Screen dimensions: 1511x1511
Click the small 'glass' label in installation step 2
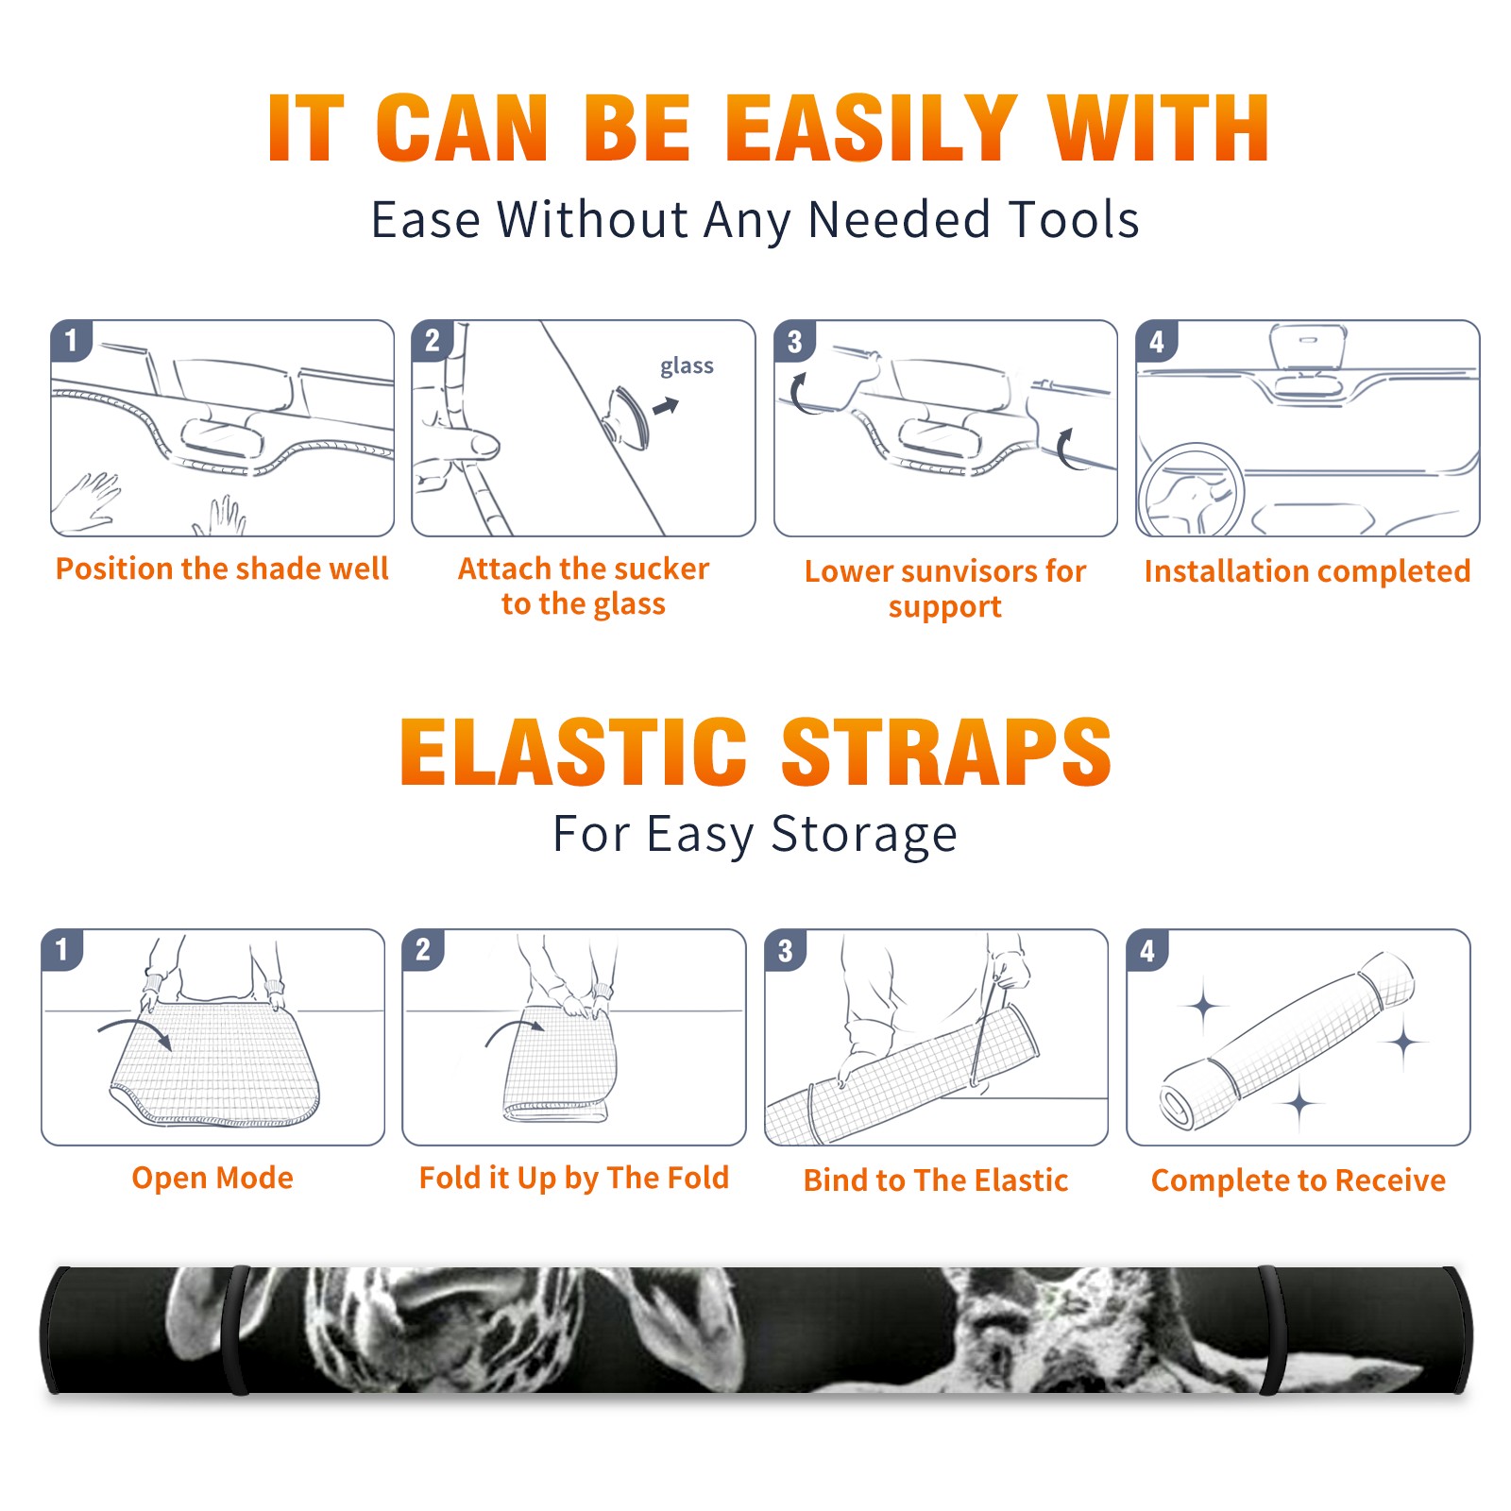(687, 366)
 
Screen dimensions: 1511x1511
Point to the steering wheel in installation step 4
(1191, 491)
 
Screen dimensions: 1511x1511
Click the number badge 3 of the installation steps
(795, 341)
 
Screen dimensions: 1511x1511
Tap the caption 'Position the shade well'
(222, 569)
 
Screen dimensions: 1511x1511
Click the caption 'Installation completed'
(1307, 571)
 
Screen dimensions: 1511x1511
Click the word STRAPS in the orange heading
(946, 752)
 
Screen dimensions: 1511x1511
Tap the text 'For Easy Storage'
(755, 835)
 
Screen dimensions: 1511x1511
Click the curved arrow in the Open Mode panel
(135, 1029)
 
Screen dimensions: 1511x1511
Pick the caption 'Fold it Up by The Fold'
(574, 1178)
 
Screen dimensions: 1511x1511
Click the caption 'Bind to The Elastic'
(936, 1180)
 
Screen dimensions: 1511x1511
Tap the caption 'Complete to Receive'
(1299, 1180)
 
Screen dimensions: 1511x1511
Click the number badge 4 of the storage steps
(1147, 950)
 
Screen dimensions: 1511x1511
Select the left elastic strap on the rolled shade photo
(236, 1330)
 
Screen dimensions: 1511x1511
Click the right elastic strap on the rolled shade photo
(1270, 1330)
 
